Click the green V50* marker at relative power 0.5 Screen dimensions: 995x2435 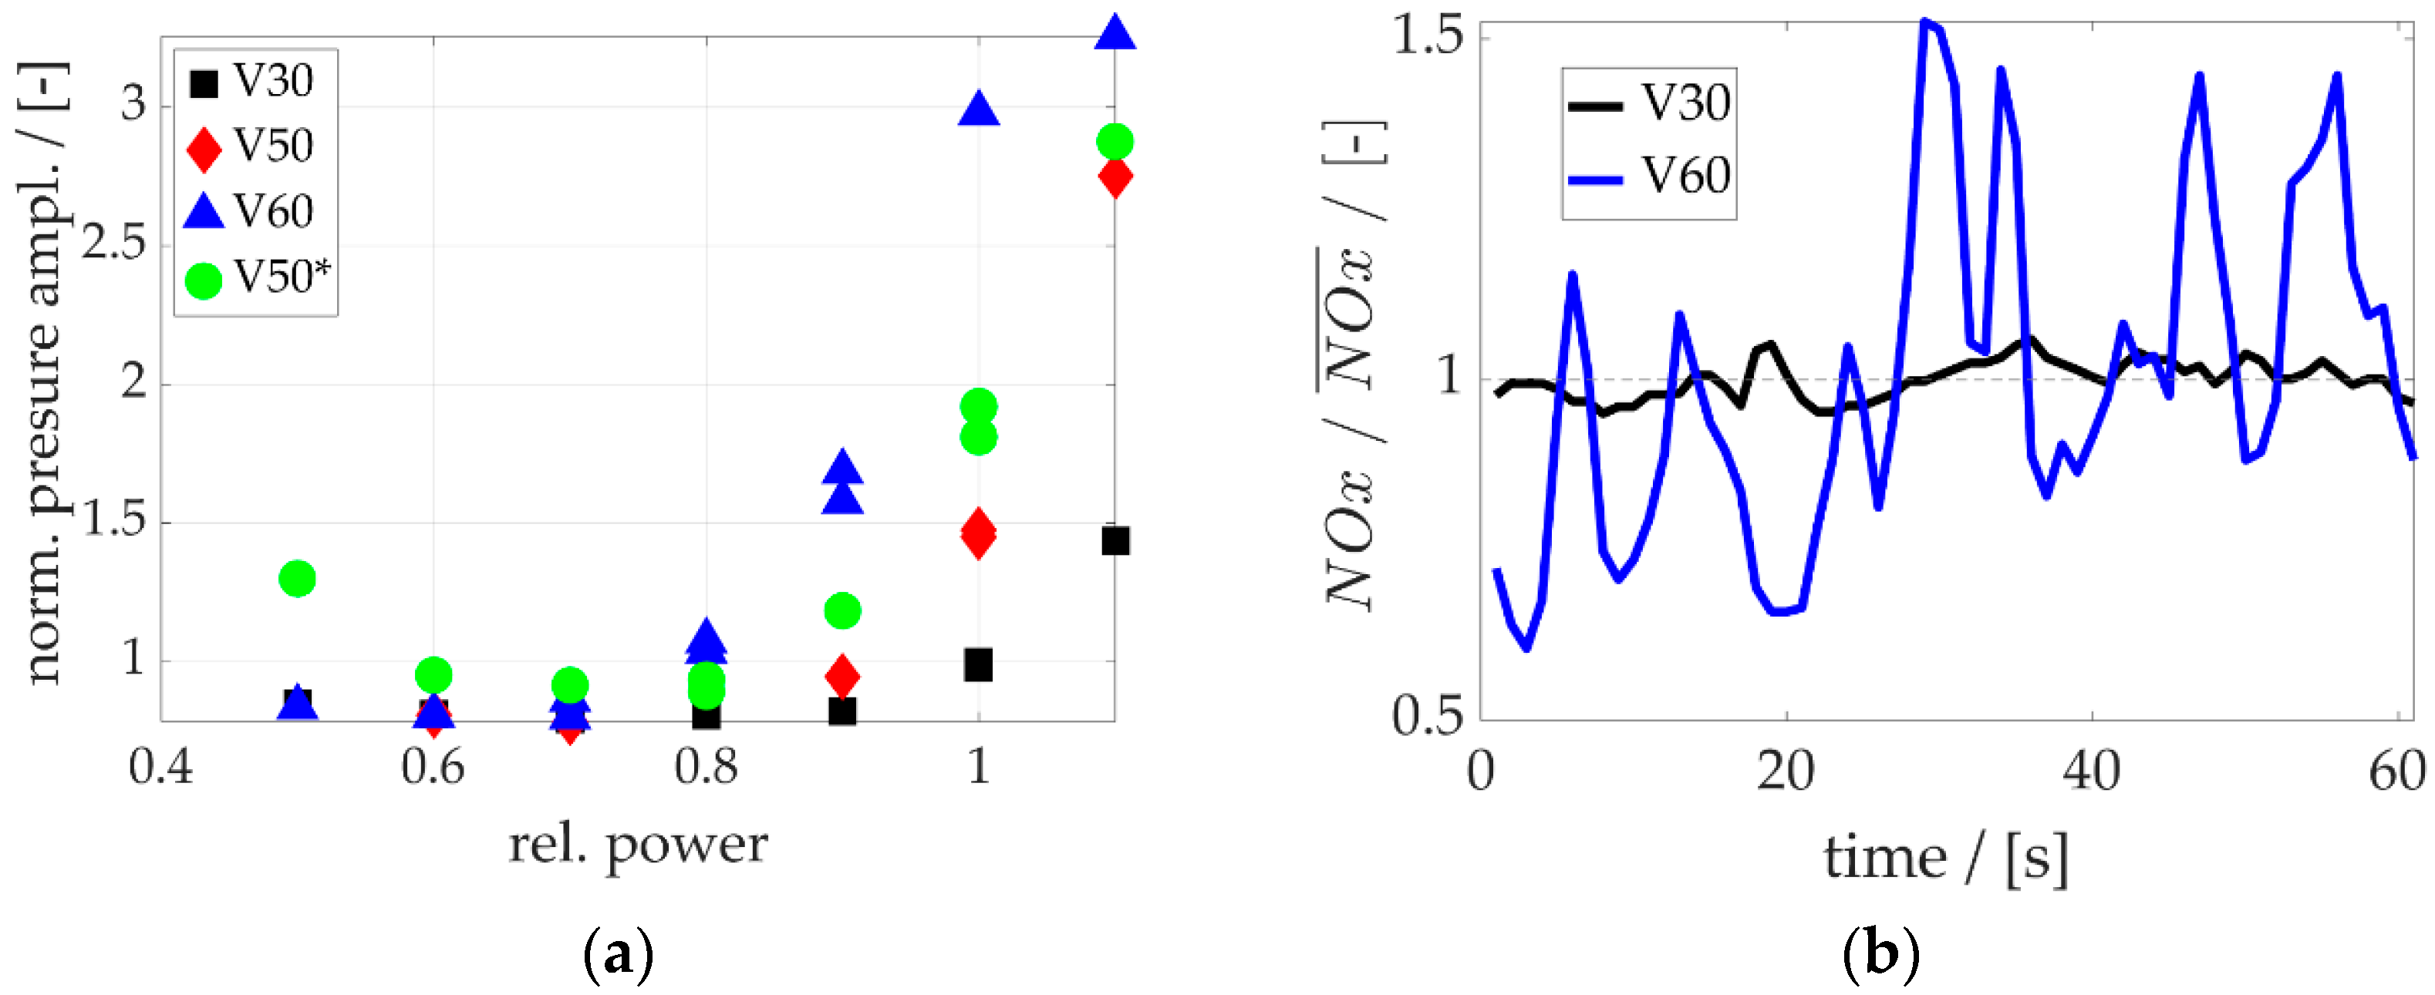[x=298, y=578]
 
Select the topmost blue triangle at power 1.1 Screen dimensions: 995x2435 [x=1115, y=32]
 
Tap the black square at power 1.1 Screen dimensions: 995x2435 [x=1115, y=542]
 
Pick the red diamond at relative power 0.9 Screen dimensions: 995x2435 [x=842, y=676]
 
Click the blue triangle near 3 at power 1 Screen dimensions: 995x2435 [x=978, y=109]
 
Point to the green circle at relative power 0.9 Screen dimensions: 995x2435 [x=842, y=610]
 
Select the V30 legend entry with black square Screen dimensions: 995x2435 [x=251, y=81]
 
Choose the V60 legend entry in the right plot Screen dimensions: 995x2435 [x=1650, y=176]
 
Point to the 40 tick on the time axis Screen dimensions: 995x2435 [x=2091, y=772]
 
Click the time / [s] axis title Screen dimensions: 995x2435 [x=1945, y=859]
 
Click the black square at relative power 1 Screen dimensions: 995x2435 [x=978, y=665]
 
